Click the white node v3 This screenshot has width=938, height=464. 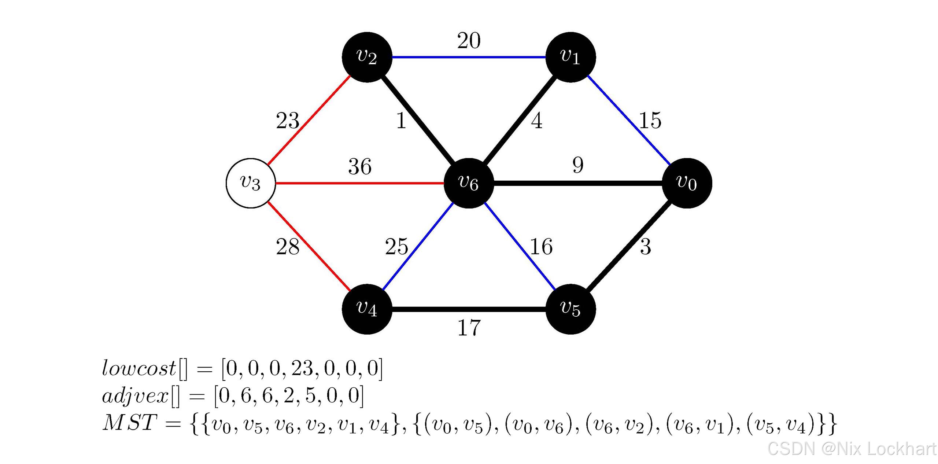pyautogui.click(x=251, y=183)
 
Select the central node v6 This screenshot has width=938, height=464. pyautogui.click(x=469, y=183)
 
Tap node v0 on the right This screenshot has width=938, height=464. pyautogui.click(x=687, y=183)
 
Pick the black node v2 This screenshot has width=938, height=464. pyautogui.click(x=367, y=57)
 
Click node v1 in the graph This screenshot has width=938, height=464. pyautogui.click(x=570, y=57)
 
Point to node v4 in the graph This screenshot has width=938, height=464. pyautogui.click(x=367, y=309)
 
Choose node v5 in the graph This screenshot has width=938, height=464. pyautogui.click(x=570, y=309)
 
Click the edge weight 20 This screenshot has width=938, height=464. pyautogui.click(x=469, y=40)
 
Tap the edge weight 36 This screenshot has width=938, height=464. pyautogui.click(x=360, y=166)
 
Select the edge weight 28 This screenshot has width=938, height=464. pyautogui.click(x=288, y=247)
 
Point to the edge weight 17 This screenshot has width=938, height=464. pyautogui.click(x=469, y=327)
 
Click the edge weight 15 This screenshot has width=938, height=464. pyautogui.click(x=650, y=120)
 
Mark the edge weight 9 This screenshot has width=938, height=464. pyautogui.click(x=578, y=165)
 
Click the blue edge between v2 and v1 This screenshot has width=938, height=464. pyautogui.click(x=469, y=57)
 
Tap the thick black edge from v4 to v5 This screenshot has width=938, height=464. pyautogui.click(x=469, y=309)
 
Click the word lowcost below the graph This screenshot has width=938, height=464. pyautogui.click(x=139, y=368)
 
